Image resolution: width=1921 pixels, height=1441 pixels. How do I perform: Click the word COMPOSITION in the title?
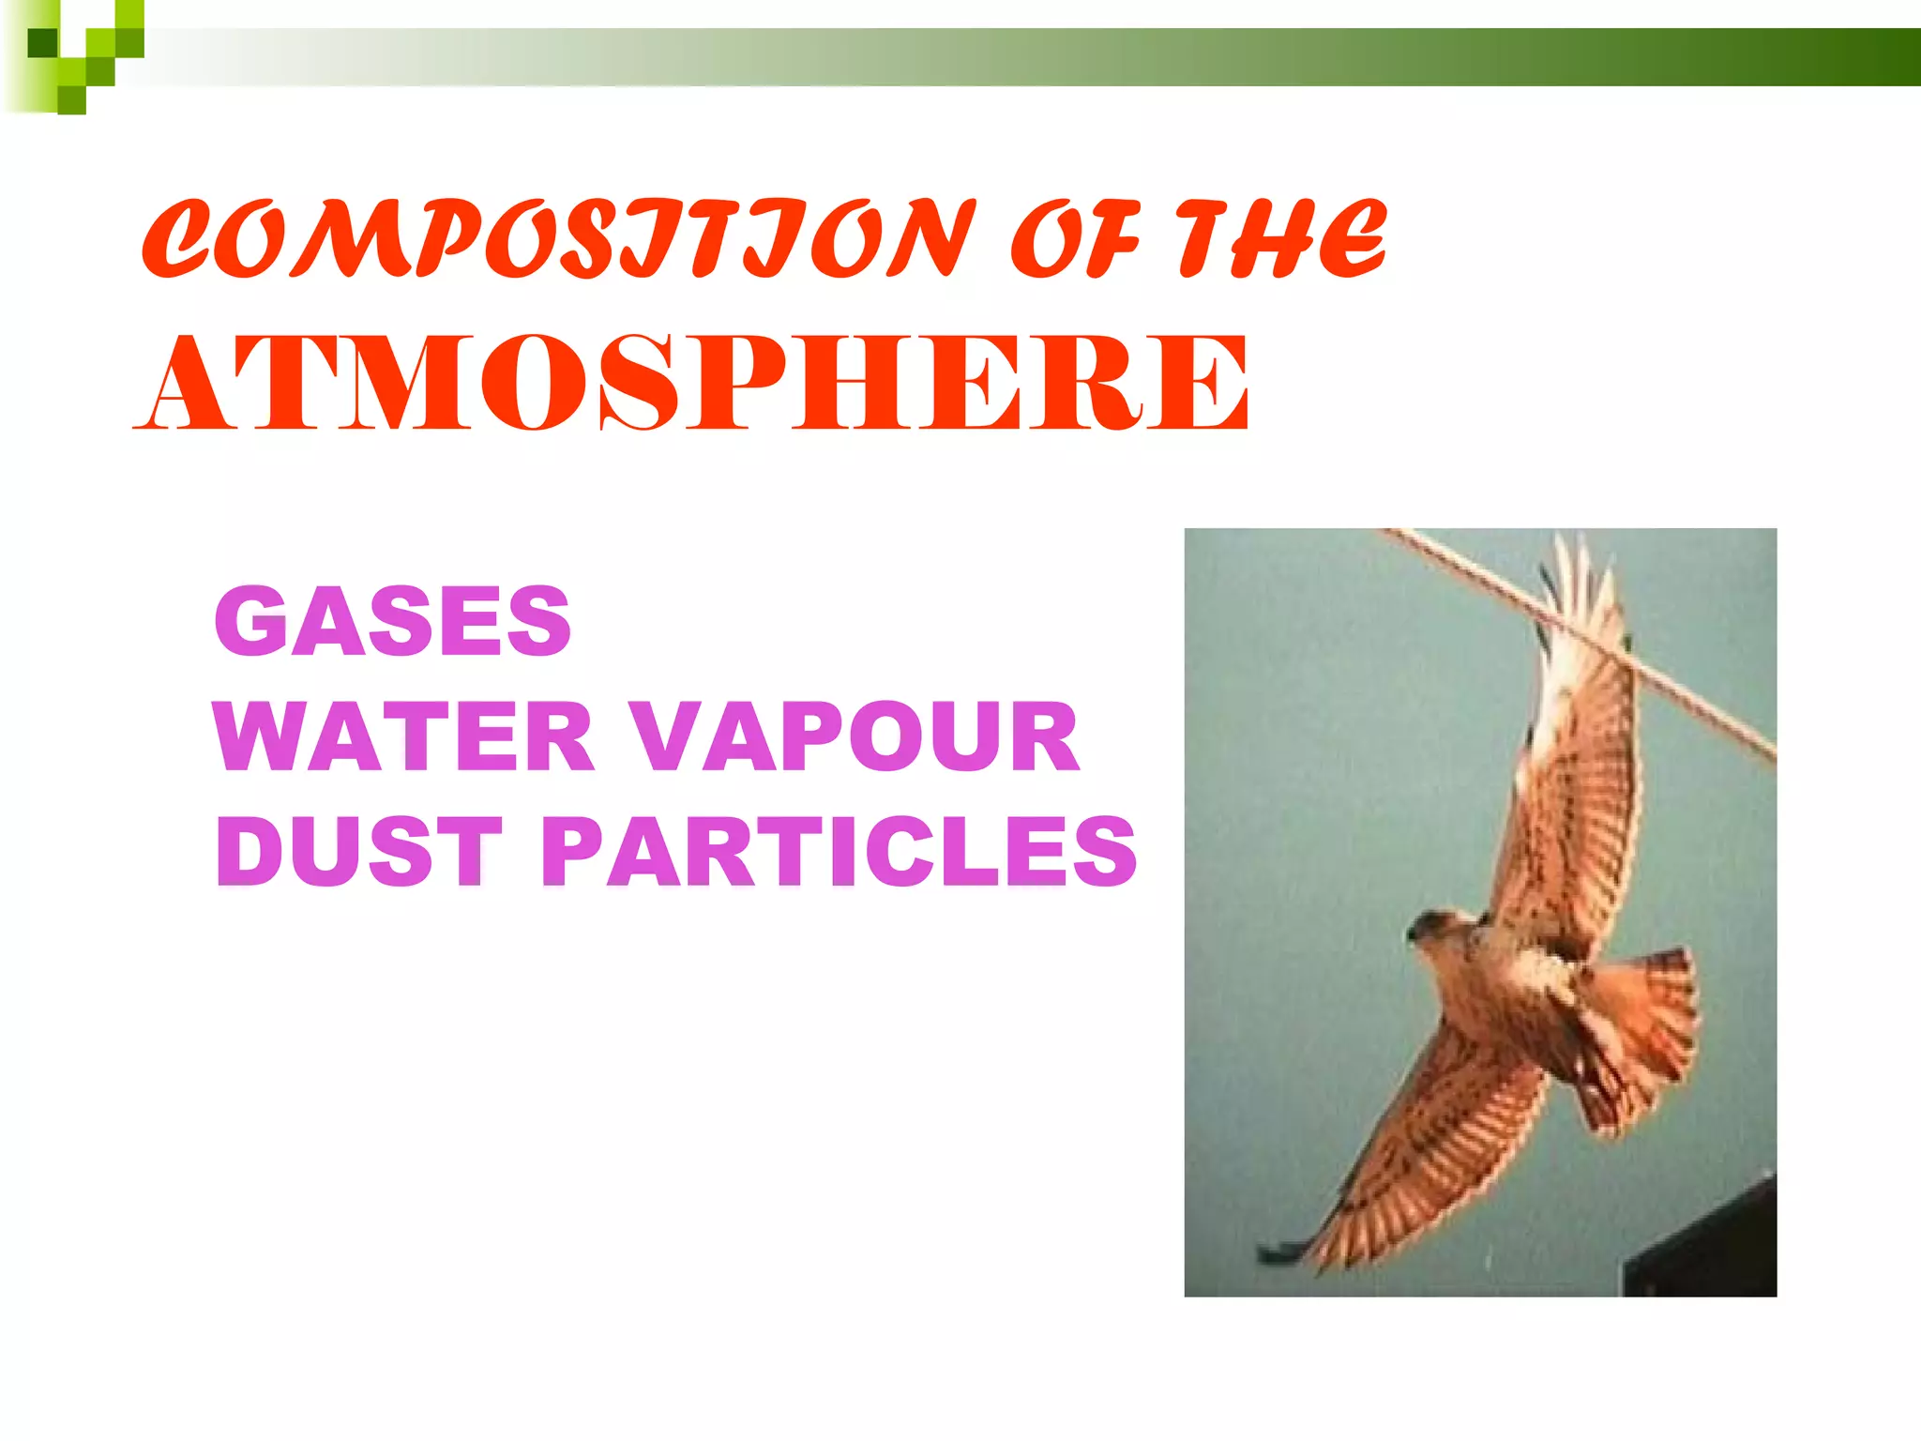coord(558,239)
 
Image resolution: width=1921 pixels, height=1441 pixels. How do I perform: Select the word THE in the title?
coord(1281,239)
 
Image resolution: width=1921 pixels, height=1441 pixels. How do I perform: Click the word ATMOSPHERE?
coord(692,385)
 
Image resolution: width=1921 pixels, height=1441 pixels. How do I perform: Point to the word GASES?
coord(392,621)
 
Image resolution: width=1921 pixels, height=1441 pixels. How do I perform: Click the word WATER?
coord(403,737)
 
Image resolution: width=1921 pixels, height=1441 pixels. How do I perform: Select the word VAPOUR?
coord(854,737)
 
